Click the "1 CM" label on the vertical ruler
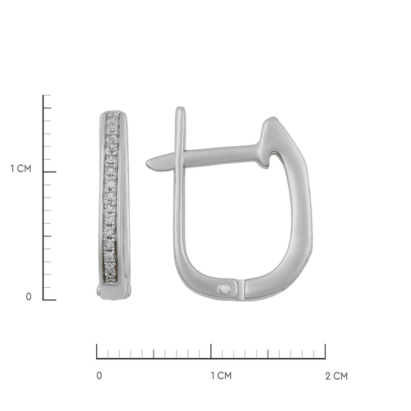21,169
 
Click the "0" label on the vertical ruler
28,296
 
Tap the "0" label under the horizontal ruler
99,375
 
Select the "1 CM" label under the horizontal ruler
221,375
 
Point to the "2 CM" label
337,376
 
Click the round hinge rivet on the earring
225,289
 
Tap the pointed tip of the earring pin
147,164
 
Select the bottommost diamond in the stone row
111,273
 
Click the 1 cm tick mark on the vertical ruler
50,172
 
